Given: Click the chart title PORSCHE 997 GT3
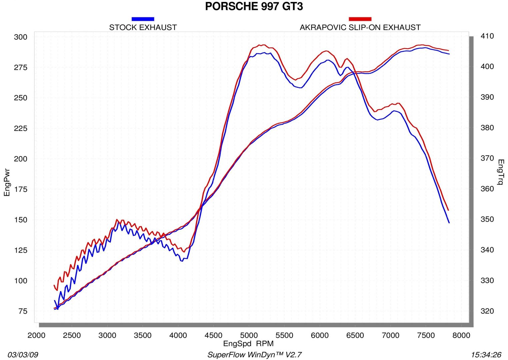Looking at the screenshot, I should [x=254, y=6].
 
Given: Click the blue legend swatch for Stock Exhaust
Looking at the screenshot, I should [x=143, y=19].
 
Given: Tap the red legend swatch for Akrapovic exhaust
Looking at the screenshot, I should [x=360, y=19].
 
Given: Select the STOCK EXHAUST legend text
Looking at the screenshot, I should [x=143, y=27].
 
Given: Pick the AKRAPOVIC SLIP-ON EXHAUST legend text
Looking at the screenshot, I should [x=360, y=27].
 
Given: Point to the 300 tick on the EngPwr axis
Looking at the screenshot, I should [x=21, y=37].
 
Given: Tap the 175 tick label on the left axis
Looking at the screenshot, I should [x=21, y=189].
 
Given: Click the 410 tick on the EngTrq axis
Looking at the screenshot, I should [x=487, y=36].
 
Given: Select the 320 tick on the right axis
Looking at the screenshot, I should [x=487, y=311].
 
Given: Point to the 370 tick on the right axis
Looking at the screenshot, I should [x=487, y=158].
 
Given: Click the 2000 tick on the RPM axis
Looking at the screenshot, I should [x=36, y=335].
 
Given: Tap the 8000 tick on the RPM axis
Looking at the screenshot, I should [x=461, y=335].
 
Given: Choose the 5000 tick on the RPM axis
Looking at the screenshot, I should [x=249, y=335].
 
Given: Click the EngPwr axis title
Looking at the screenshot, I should [x=7, y=183].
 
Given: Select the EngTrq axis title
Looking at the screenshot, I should [x=501, y=172].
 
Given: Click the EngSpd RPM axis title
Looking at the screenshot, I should [x=248, y=343].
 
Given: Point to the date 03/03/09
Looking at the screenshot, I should [x=23, y=355].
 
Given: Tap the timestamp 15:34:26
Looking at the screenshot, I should [x=486, y=355].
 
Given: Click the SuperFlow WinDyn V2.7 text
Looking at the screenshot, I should [x=254, y=355].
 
